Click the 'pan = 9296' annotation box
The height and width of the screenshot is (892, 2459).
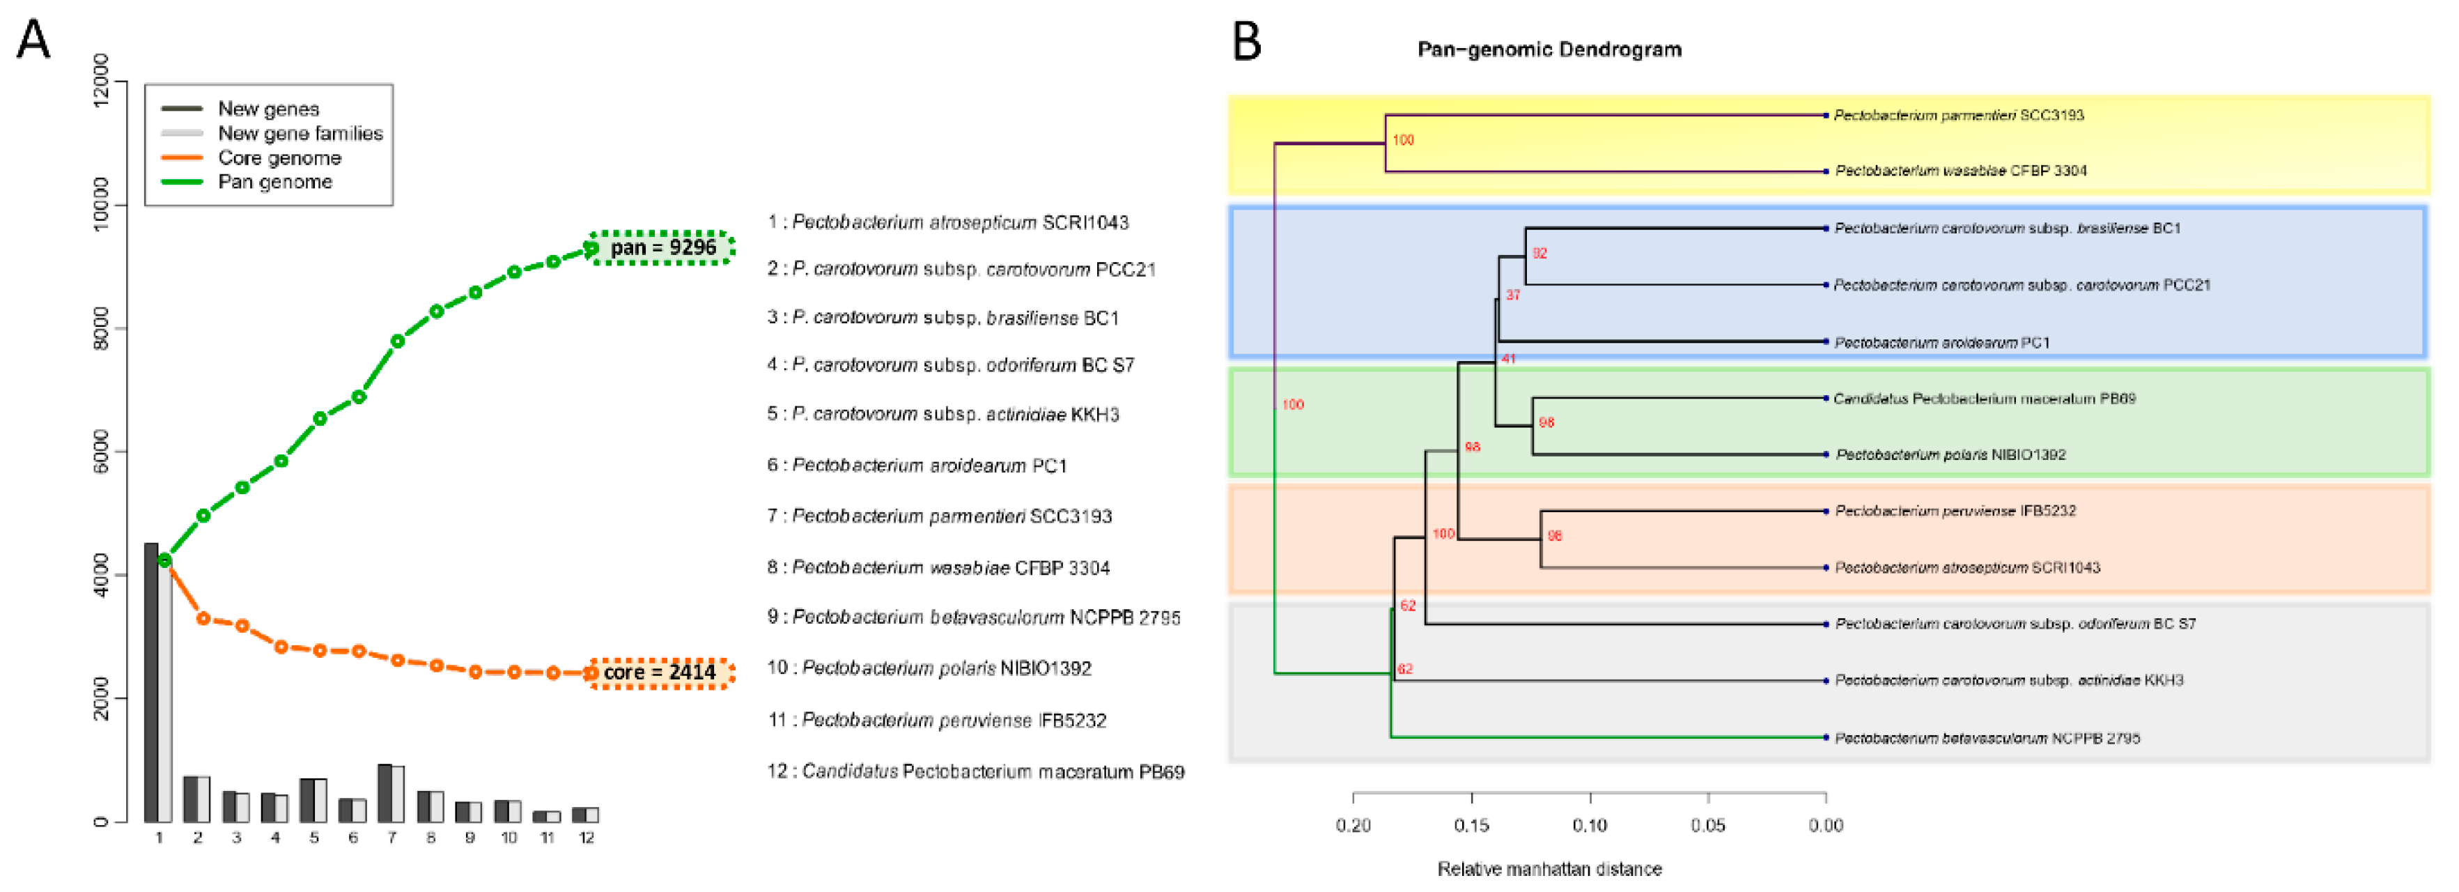point(662,247)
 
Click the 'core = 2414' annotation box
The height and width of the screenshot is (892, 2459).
point(662,672)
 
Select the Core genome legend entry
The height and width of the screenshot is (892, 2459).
point(279,157)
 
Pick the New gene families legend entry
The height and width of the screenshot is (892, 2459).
point(300,132)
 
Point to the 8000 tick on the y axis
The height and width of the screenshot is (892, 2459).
point(101,328)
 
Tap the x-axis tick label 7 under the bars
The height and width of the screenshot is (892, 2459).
point(391,838)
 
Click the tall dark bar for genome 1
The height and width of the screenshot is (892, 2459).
point(151,682)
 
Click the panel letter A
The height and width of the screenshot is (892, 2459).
point(33,41)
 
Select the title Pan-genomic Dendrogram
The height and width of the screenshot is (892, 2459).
point(1549,49)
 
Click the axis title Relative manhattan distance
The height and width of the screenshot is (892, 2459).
point(1549,869)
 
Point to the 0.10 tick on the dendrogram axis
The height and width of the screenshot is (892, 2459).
point(1590,825)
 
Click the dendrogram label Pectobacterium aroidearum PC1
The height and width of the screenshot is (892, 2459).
point(1941,342)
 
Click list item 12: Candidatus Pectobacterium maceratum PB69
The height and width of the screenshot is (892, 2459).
point(975,771)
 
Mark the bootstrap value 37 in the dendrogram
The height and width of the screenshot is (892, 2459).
point(1513,295)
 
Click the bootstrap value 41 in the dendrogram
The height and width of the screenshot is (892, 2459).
point(1508,359)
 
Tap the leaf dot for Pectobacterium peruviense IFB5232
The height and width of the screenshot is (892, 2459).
point(1825,511)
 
